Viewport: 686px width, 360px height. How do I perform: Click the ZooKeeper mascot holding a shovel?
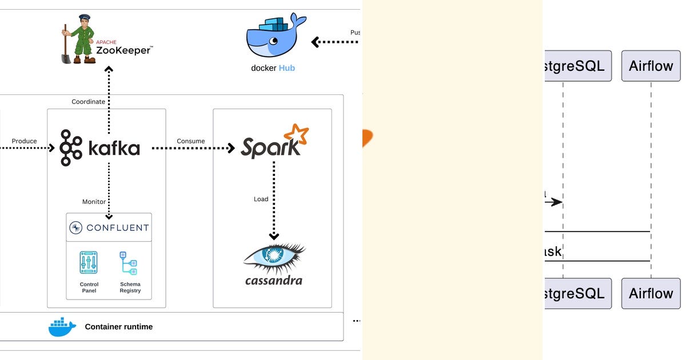(77, 41)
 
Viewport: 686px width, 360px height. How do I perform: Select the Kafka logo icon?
(71, 148)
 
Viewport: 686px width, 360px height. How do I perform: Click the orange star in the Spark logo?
(297, 134)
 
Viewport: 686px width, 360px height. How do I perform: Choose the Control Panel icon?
(89, 263)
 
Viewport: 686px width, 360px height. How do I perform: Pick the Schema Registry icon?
(130, 263)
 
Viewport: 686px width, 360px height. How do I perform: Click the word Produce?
(24, 141)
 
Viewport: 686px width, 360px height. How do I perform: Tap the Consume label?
(190, 141)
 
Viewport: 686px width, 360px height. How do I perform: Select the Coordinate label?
(88, 102)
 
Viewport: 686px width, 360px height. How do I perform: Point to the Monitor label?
(94, 202)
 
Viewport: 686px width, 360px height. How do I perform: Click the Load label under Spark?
(261, 199)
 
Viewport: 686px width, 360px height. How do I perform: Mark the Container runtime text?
(118, 327)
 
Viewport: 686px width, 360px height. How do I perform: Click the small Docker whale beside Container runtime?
(62, 327)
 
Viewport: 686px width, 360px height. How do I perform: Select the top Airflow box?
(651, 66)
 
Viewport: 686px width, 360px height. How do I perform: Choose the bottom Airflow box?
(651, 294)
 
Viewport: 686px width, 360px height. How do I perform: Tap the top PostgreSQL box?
(577, 66)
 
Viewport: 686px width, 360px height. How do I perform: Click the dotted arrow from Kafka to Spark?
(193, 149)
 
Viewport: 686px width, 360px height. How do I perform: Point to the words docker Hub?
(273, 68)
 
